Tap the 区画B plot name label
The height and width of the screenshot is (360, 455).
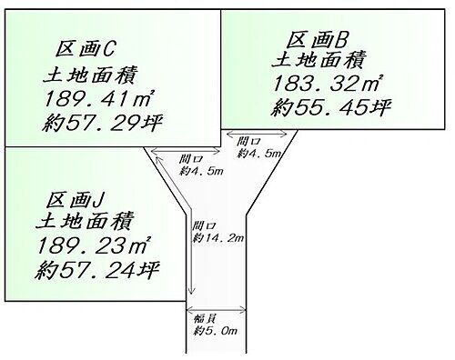(x=318, y=40)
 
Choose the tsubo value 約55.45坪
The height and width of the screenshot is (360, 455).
(x=331, y=108)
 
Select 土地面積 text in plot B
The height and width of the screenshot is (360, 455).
(x=320, y=62)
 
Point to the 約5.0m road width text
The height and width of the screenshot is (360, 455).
(x=216, y=329)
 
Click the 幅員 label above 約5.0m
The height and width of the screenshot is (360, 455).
(x=205, y=318)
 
